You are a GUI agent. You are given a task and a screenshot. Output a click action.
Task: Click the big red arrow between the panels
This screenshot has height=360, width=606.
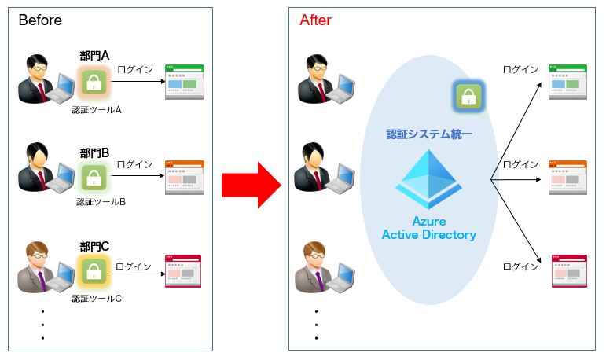(250, 186)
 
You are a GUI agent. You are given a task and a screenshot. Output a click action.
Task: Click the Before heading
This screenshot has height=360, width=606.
(40, 20)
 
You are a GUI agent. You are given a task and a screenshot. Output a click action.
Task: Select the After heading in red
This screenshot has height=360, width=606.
(315, 20)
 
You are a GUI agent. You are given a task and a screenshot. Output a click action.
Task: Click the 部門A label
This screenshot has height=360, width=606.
(94, 55)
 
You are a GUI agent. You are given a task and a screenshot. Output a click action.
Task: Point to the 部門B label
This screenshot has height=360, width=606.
(94, 152)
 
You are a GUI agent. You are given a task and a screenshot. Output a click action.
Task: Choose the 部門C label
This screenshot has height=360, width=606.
(94, 247)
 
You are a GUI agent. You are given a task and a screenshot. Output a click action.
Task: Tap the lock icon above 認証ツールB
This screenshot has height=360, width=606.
(94, 176)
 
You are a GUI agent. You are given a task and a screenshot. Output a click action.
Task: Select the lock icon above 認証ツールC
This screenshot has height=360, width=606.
(94, 271)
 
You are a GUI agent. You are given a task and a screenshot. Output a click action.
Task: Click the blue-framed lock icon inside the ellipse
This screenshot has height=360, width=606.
(468, 97)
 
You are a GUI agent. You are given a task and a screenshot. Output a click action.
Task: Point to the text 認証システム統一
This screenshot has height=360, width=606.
(429, 134)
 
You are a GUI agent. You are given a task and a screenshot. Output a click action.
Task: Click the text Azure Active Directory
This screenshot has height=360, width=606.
(429, 228)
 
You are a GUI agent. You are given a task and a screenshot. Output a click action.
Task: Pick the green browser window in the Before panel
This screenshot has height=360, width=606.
(184, 83)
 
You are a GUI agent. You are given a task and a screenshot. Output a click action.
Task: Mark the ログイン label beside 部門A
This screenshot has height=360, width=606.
(135, 69)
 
